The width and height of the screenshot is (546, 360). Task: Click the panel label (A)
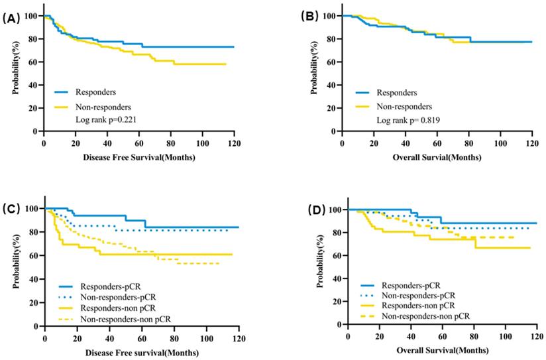11,19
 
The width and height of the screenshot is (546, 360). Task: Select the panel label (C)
11,210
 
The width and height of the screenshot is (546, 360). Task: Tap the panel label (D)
311,211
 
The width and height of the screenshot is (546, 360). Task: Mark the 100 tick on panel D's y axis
335,210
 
